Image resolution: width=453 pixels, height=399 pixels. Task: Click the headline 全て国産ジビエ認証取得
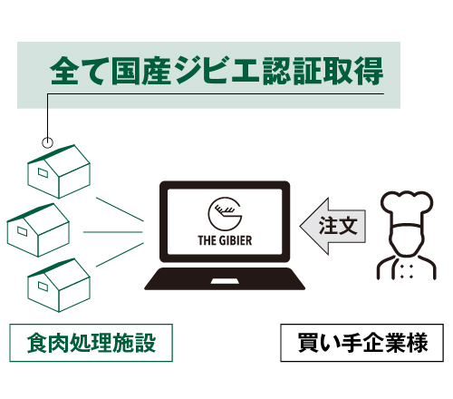pyautogui.click(x=217, y=71)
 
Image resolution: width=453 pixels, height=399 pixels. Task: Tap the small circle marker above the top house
pyautogui.click(x=47, y=142)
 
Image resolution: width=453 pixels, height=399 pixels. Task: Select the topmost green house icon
pyautogui.click(x=59, y=171)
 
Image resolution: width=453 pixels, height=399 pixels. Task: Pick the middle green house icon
pyautogui.click(x=38, y=230)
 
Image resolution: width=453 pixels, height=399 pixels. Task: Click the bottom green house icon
pyautogui.click(x=59, y=285)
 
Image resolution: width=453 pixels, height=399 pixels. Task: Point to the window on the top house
pyautogui.click(x=43, y=172)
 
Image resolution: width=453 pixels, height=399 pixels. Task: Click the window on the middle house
pyautogui.click(x=22, y=231)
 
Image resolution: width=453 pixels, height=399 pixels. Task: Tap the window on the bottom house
pyautogui.click(x=43, y=286)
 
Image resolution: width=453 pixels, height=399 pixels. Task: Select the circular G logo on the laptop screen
pyautogui.click(x=225, y=213)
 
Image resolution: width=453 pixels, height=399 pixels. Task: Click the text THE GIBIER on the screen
pyautogui.click(x=225, y=240)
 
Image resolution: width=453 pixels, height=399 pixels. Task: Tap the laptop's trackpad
pyautogui.click(x=225, y=281)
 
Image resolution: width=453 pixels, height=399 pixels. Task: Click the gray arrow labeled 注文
pyautogui.click(x=333, y=226)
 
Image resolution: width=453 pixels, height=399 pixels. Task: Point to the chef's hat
pyautogui.click(x=407, y=208)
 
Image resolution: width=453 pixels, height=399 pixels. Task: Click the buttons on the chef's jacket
pyautogui.click(x=406, y=271)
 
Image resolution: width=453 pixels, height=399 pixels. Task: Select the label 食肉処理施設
pyautogui.click(x=91, y=343)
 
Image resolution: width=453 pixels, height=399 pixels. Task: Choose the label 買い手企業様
pyautogui.click(x=362, y=343)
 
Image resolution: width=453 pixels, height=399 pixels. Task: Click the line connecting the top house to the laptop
pyautogui.click(x=120, y=209)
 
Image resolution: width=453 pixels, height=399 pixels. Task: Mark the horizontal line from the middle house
pyautogui.click(x=112, y=232)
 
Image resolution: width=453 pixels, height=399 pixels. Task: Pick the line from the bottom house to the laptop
pyautogui.click(x=120, y=255)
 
